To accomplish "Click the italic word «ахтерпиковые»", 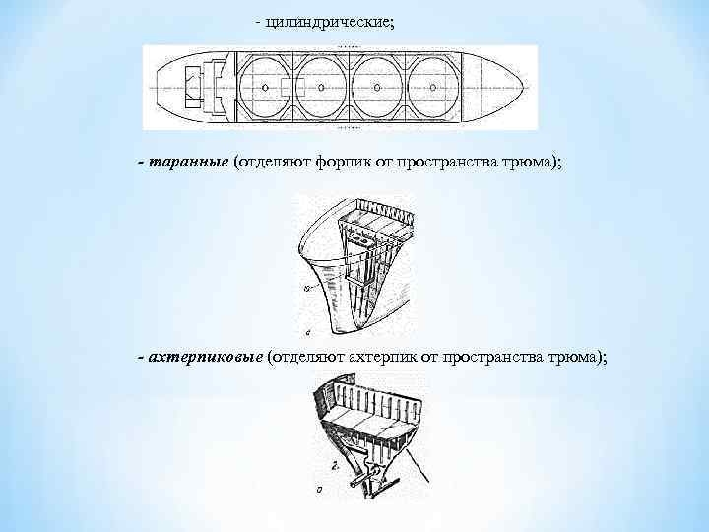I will coord(205,355).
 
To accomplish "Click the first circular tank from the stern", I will coord(265,88).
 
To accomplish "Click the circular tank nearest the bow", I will coord(436,88).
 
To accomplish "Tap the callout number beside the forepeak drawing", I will coord(309,288).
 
